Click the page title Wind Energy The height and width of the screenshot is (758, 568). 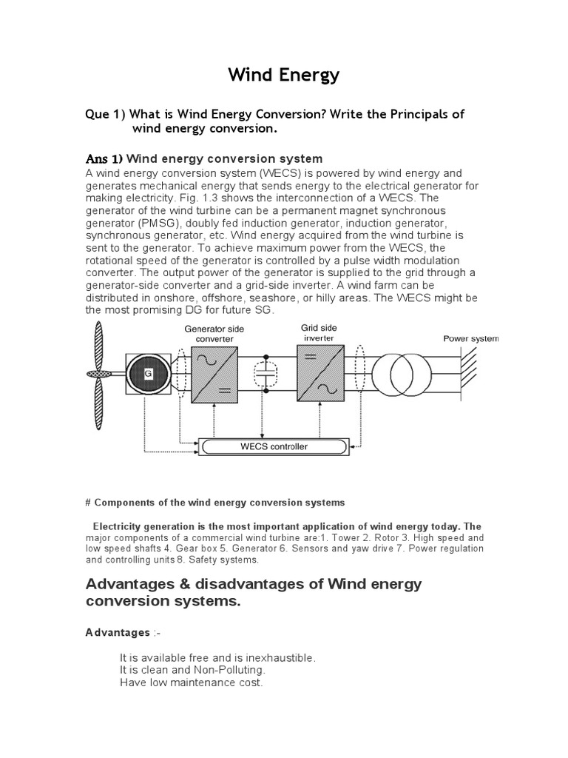[283, 75]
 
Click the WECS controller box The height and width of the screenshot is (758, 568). [263, 446]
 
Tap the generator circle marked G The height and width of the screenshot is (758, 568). [148, 374]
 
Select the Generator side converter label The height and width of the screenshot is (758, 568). [214, 334]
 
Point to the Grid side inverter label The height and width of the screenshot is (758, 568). [319, 332]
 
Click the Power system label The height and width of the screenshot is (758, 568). [470, 338]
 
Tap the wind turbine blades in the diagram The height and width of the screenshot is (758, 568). [99, 374]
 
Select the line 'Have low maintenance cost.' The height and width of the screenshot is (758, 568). [191, 682]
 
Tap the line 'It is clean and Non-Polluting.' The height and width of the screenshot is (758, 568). [192, 670]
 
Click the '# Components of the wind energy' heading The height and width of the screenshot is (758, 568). [215, 503]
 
